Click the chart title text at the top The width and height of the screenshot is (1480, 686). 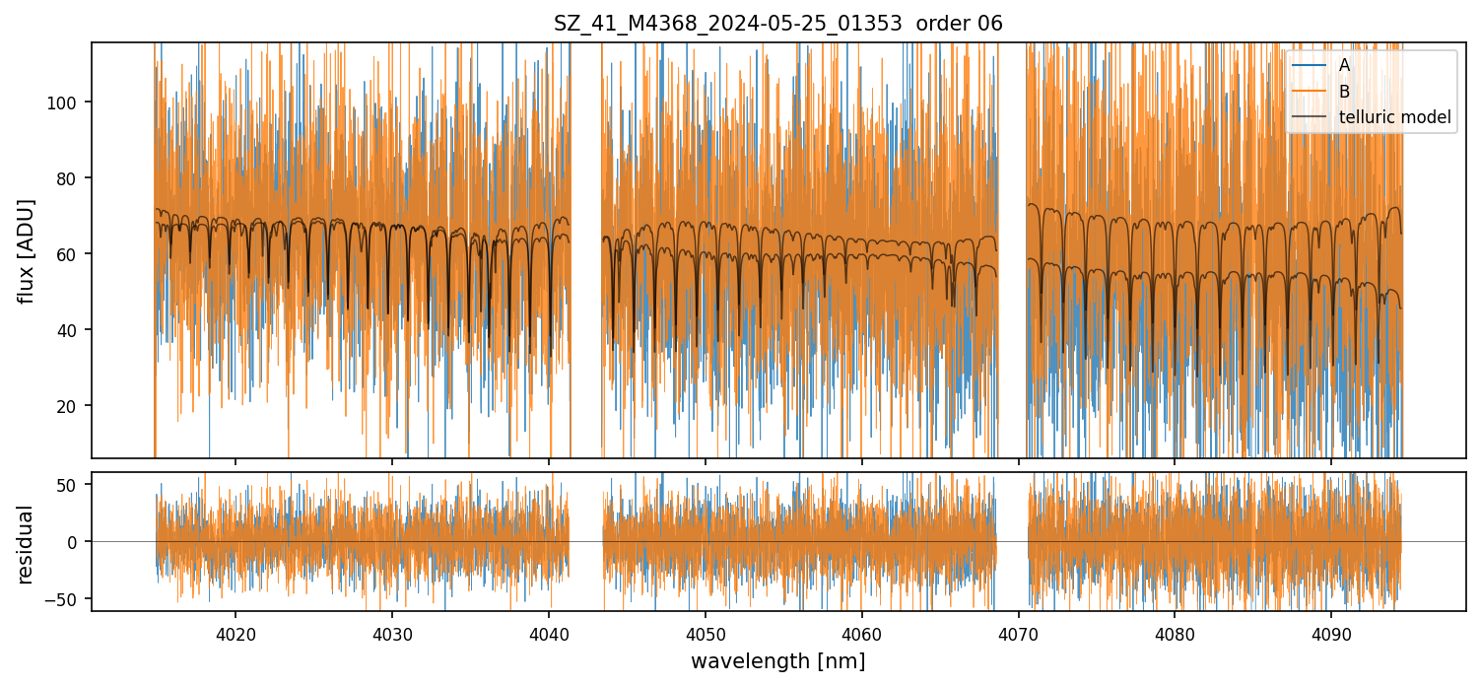click(x=777, y=24)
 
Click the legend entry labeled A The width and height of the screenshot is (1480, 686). click(x=1344, y=65)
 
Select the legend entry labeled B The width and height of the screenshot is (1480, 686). click(x=1344, y=92)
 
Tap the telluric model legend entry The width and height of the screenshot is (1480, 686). click(x=1394, y=118)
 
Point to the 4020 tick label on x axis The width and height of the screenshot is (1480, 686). click(x=235, y=634)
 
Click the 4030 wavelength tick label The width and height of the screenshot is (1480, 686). click(x=392, y=634)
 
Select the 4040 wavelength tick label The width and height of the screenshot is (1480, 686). click(x=549, y=634)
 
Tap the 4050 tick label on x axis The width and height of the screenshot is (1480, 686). click(x=706, y=634)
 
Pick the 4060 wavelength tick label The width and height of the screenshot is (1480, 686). click(x=862, y=634)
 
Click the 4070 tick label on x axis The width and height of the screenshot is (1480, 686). click(x=1018, y=634)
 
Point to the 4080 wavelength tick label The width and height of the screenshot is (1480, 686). click(x=1175, y=634)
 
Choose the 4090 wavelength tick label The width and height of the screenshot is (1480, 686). click(x=1331, y=634)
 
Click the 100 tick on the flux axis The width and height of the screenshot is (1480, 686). click(x=69, y=103)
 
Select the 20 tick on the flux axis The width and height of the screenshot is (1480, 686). click(x=73, y=406)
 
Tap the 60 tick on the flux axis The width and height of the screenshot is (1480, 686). click(x=73, y=254)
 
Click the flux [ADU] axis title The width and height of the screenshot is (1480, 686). click(x=27, y=250)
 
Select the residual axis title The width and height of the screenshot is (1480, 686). click(x=27, y=543)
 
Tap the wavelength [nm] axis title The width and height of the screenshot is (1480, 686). click(x=777, y=661)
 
